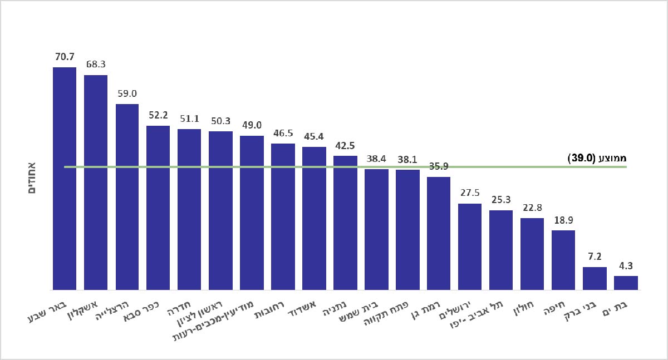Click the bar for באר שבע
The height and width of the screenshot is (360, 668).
pyautogui.click(x=65, y=178)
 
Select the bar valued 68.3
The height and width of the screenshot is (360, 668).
pyautogui.click(x=96, y=182)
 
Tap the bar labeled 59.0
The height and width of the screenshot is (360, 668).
pyautogui.click(x=127, y=196)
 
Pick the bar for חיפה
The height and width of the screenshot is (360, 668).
pyautogui.click(x=563, y=260)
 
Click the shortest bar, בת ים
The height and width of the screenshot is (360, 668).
pyautogui.click(x=626, y=283)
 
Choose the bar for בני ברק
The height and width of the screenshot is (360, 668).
pyautogui.click(x=595, y=278)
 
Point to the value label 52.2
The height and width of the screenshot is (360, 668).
pyautogui.click(x=158, y=115)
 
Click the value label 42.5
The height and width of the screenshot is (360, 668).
pyautogui.click(x=345, y=146)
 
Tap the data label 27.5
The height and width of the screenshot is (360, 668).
pyautogui.click(x=470, y=193)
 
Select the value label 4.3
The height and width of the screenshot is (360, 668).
pyautogui.click(x=626, y=265)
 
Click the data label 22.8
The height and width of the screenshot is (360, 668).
pyautogui.click(x=532, y=208)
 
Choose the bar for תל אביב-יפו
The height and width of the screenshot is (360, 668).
pyautogui.click(x=501, y=250)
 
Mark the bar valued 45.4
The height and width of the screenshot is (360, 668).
pyautogui.click(x=314, y=218)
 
